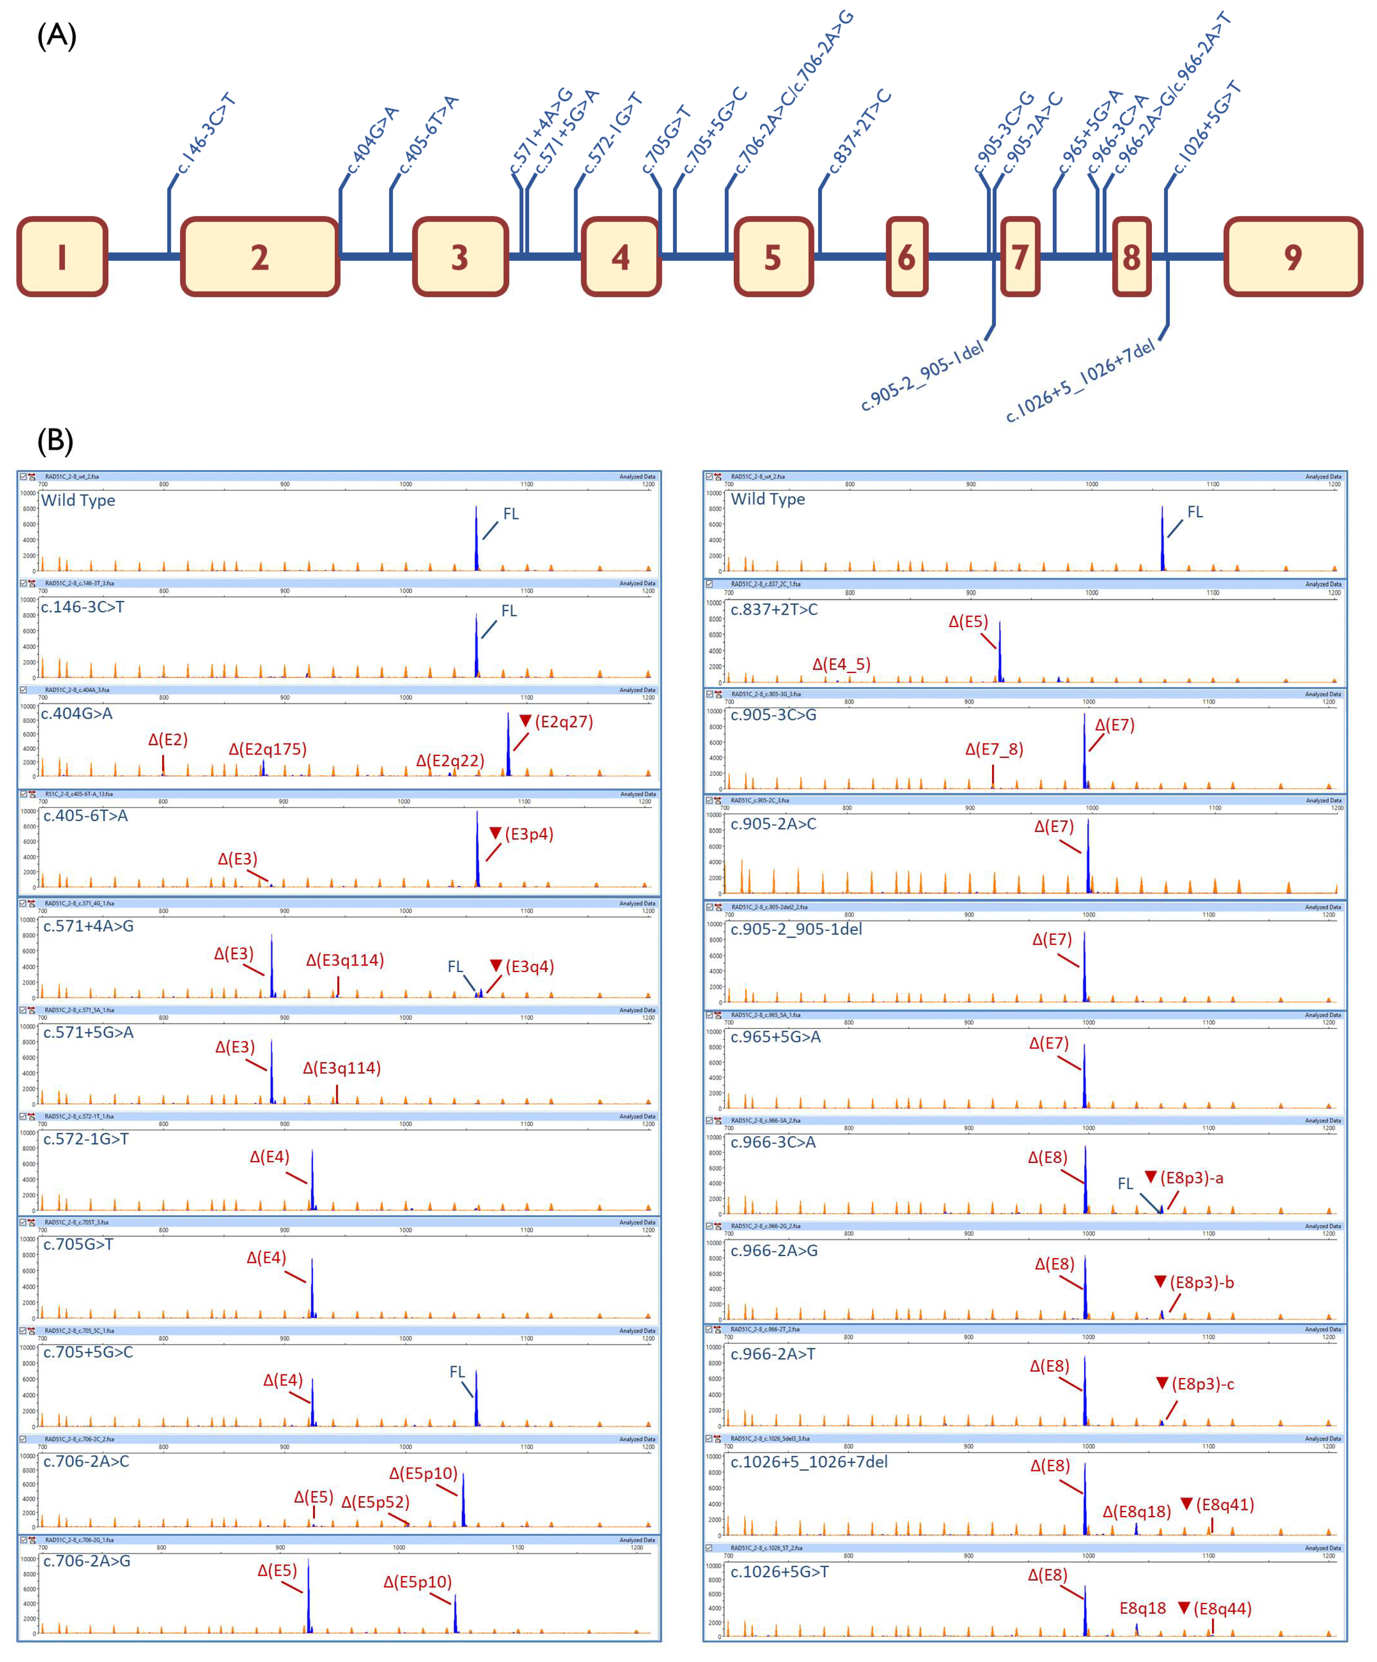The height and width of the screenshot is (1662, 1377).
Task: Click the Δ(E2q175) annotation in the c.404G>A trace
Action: point(267,749)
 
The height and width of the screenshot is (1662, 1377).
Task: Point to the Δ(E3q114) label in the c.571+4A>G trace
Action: point(345,960)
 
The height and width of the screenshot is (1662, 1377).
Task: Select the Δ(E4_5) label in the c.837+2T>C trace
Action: point(841,664)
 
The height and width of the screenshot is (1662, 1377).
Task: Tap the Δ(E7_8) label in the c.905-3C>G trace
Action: point(994,749)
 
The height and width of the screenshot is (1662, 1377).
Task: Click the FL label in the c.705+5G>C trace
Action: point(457,1372)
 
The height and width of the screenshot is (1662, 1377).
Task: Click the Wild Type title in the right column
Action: point(768,498)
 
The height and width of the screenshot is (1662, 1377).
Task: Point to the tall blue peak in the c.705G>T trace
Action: point(312,1289)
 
